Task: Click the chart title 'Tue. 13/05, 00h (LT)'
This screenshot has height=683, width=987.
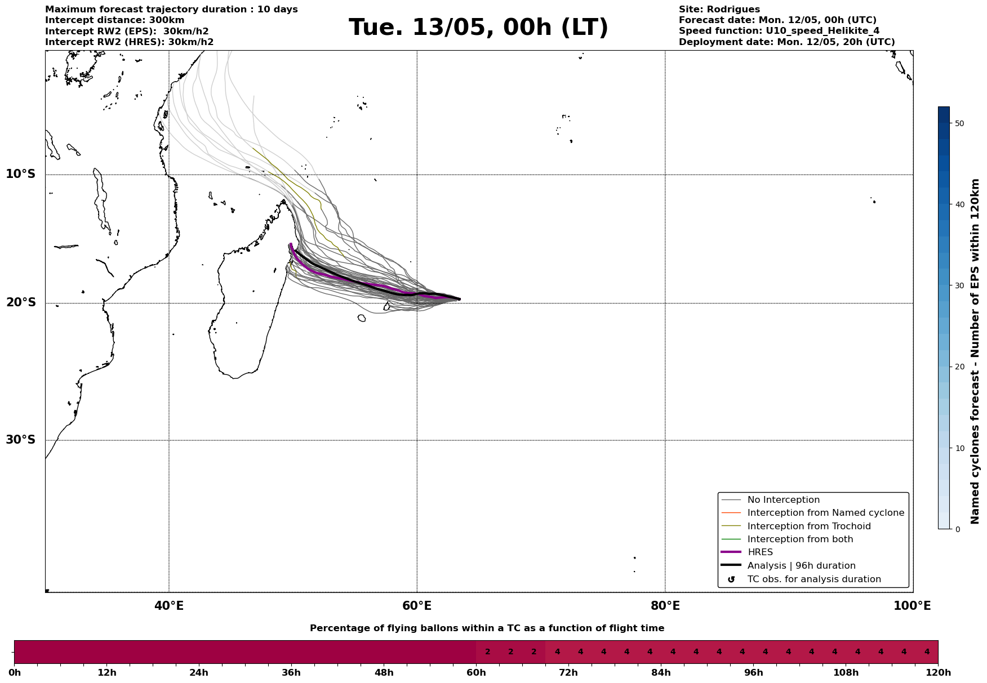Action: point(478,28)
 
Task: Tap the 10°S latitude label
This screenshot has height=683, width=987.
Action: point(21,174)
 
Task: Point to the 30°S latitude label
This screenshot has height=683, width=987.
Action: point(21,440)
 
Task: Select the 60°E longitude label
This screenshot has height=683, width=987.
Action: point(417,606)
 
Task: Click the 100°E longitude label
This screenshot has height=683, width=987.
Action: point(912,606)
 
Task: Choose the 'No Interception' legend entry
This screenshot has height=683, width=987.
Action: point(783,500)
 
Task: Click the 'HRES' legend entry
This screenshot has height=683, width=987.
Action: point(760,552)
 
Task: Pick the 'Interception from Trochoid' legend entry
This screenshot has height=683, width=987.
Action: point(808,526)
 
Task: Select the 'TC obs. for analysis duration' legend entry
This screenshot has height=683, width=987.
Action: point(813,579)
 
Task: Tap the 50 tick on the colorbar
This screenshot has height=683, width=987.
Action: point(959,123)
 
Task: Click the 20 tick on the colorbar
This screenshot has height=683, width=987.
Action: point(959,367)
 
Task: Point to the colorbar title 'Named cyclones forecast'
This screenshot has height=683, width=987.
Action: point(976,351)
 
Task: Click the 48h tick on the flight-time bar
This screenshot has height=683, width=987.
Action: point(384,673)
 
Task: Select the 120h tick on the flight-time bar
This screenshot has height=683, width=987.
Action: point(937,673)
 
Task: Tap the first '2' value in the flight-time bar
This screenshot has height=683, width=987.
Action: point(487,652)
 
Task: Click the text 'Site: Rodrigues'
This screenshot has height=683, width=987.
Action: point(719,10)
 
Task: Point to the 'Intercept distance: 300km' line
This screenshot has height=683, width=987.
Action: point(114,20)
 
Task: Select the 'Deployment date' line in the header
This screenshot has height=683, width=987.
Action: point(786,42)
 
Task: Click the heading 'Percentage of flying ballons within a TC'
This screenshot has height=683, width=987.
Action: point(487,628)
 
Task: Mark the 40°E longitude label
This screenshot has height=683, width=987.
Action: point(169,606)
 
